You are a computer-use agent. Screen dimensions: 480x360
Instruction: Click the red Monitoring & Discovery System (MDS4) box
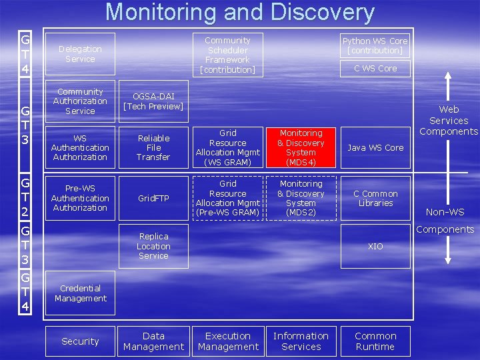click(301, 148)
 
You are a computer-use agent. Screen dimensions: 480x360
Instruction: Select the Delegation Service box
click(80, 54)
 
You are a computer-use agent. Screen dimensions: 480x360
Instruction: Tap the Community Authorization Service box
click(80, 101)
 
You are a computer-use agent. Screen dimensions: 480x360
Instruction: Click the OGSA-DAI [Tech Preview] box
click(153, 101)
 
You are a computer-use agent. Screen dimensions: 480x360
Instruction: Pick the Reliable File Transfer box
click(153, 148)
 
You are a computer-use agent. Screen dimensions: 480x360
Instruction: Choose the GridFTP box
click(153, 198)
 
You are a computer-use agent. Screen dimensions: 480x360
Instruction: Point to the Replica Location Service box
click(153, 246)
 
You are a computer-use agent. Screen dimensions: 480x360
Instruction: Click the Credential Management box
click(80, 293)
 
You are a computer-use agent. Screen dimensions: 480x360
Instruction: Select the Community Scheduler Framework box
click(228, 55)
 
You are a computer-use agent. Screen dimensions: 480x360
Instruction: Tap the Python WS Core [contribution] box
click(375, 45)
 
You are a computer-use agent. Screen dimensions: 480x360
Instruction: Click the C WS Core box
click(375, 68)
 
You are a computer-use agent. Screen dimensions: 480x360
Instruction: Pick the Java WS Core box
click(375, 148)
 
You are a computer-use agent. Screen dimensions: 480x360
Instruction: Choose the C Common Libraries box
click(375, 198)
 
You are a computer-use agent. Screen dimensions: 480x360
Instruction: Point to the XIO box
click(375, 246)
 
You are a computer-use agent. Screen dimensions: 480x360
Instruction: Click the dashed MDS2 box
click(301, 198)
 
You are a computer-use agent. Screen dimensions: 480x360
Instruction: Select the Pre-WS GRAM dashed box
click(228, 198)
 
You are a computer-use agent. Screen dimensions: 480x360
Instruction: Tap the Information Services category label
click(301, 341)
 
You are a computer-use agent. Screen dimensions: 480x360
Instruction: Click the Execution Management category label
click(228, 341)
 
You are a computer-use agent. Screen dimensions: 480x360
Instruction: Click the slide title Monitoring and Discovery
click(240, 13)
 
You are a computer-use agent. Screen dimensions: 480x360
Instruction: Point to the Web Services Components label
click(449, 121)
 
